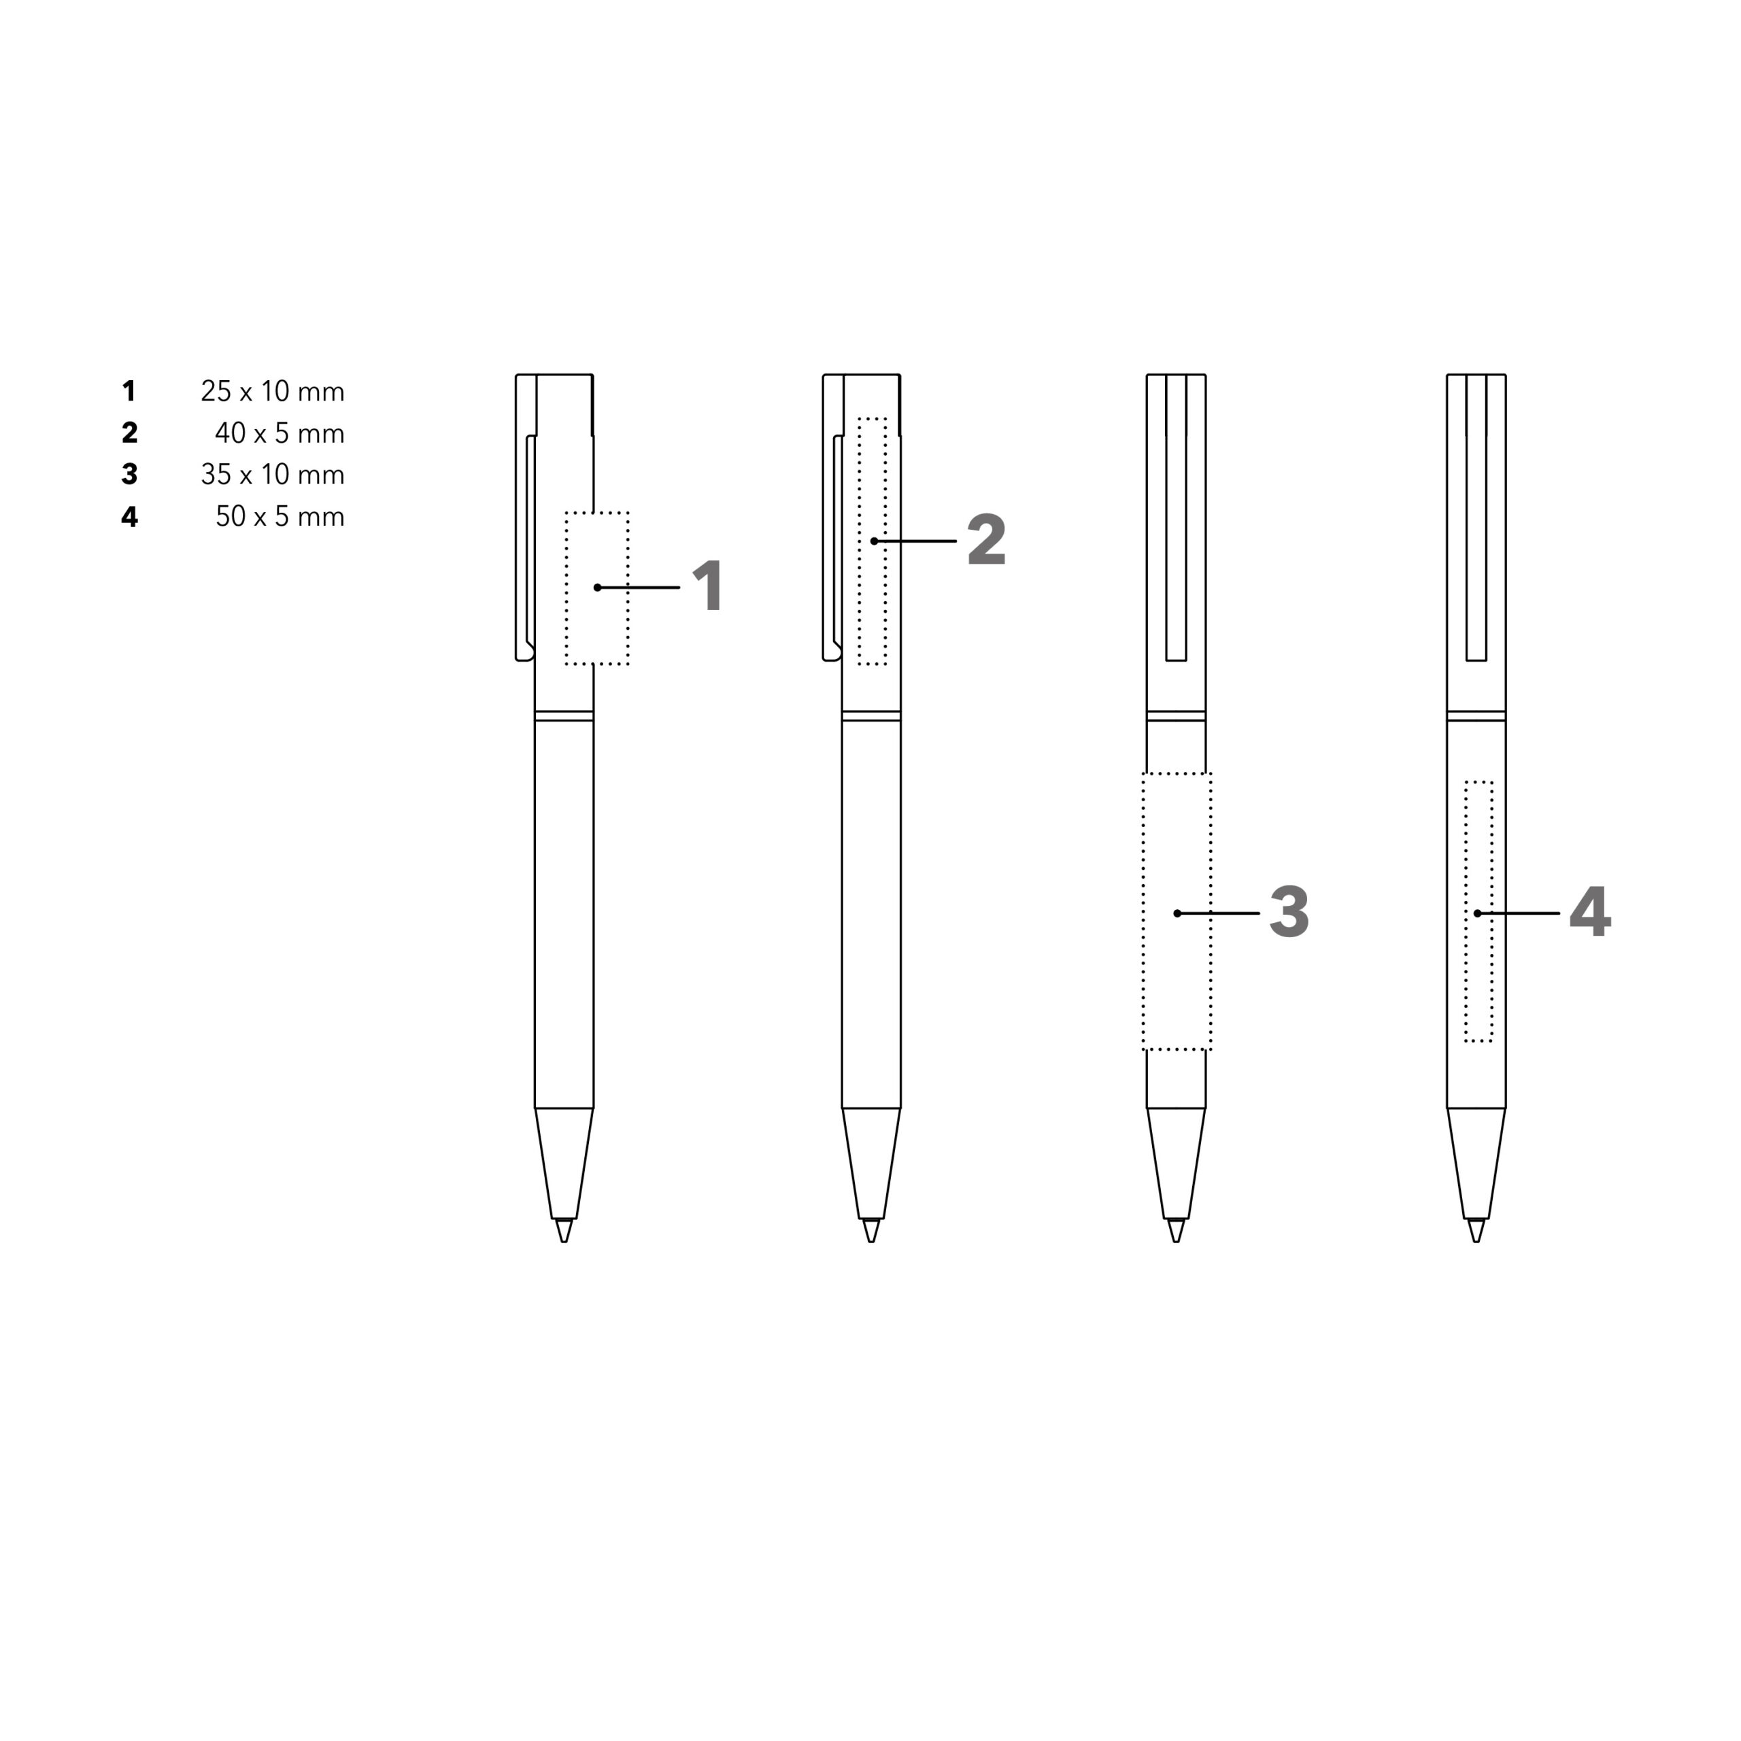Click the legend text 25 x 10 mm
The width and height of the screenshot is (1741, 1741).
coord(273,392)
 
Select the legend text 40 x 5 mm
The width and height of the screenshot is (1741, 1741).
coord(280,433)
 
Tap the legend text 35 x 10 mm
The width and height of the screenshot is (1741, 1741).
coord(273,475)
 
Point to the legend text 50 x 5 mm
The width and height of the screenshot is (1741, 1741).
coord(280,516)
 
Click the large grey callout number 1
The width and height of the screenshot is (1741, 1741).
coord(709,586)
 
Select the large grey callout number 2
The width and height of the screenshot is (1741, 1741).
coord(987,540)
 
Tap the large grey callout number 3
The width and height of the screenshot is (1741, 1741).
coord(1289,912)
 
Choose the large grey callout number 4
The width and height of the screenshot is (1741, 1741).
coord(1589,911)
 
